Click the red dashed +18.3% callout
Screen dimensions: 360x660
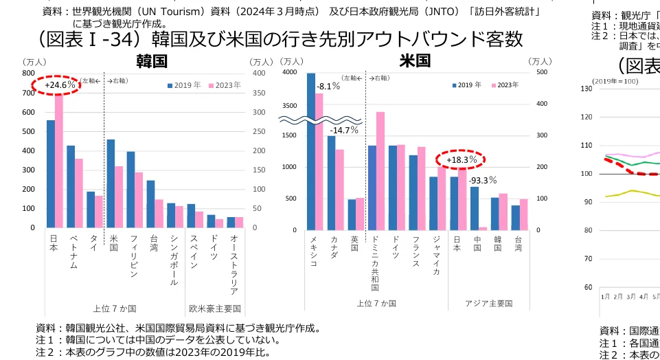tap(462, 160)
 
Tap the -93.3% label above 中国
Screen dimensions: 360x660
tap(483, 180)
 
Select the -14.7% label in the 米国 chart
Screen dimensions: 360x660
tap(344, 130)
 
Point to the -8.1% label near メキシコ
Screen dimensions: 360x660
tap(328, 87)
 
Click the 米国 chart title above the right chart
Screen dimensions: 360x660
tap(415, 61)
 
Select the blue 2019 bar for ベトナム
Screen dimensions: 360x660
tap(71, 186)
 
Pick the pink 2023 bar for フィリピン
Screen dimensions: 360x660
tap(139, 200)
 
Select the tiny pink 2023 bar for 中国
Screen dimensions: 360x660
tap(483, 228)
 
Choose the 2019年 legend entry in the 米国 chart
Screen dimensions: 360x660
tap(467, 85)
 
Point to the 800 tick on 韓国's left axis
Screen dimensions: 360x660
tap(28, 72)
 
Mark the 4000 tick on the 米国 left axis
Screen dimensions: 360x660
tap(289, 72)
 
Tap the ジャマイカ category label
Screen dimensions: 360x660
tap(436, 255)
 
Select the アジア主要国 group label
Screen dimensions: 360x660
tap(488, 304)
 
